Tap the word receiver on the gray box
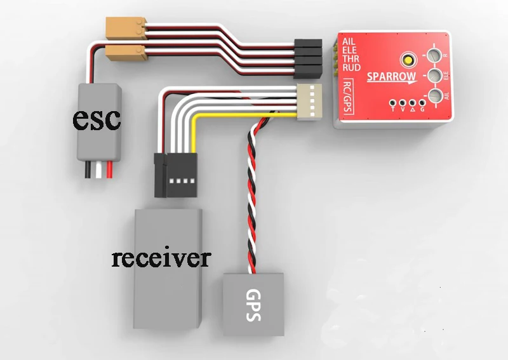click(161, 258)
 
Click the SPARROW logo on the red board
click(392, 77)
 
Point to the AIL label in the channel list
click(348, 42)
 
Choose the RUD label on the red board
click(351, 67)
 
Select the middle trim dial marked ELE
click(434, 77)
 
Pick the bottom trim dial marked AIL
click(435, 97)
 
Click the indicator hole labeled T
click(394, 102)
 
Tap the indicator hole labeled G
click(422, 102)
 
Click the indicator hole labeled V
click(403, 102)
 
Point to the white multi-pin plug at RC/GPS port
click(309, 100)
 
